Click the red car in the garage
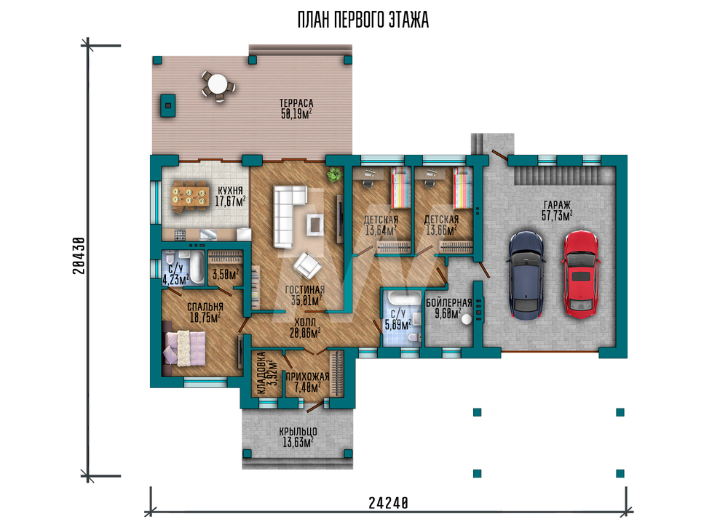581,274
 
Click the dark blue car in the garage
527,275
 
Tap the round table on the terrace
217,85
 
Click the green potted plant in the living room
333,176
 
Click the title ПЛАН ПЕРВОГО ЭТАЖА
363,20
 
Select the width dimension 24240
389,503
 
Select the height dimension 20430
79,255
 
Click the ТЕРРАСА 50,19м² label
296,109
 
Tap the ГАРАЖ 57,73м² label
557,210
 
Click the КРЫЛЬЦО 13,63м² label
298,437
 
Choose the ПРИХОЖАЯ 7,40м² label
307,382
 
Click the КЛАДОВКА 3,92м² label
267,373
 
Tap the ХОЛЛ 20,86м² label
305,328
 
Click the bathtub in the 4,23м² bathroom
197,267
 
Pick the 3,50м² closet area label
226,274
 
